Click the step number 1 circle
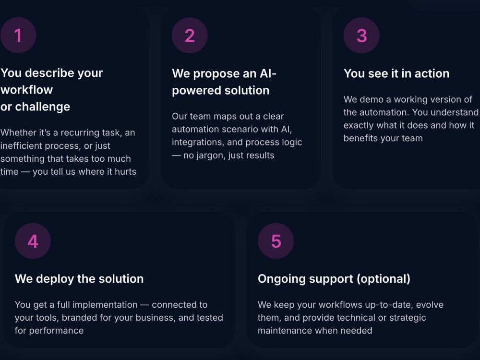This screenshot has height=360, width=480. point(18,35)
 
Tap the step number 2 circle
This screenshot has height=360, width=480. point(190,36)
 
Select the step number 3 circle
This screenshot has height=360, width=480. point(361,36)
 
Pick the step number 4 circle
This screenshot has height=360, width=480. point(33,241)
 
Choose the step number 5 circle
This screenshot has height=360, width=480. point(276,241)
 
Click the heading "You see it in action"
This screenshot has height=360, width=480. point(396,73)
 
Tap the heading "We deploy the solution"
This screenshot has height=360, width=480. point(79,279)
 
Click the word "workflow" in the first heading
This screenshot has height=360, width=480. point(26,90)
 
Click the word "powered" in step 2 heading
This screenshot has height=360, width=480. point(195,91)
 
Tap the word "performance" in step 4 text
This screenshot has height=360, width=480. point(56,331)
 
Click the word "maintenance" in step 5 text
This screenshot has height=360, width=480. point(283,331)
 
